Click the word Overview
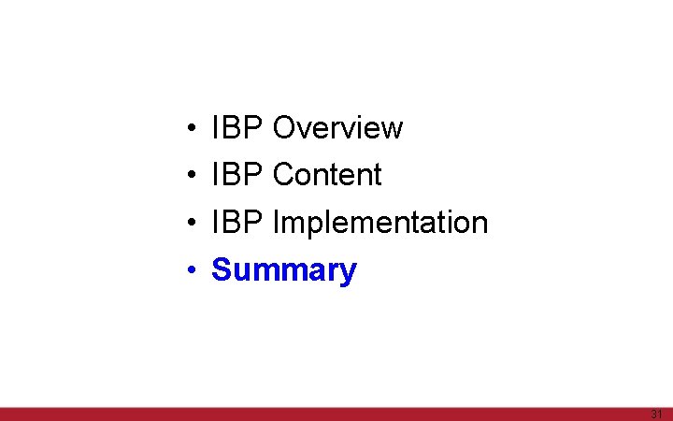337,127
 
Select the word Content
327,175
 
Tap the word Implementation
379,223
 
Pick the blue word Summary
284,270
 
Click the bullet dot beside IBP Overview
190,128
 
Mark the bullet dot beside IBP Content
190,176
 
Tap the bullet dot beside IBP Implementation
190,224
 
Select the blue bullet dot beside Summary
190,271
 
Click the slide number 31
656,414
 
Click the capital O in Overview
284,127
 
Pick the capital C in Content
283,175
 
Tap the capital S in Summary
222,270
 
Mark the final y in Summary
348,273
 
